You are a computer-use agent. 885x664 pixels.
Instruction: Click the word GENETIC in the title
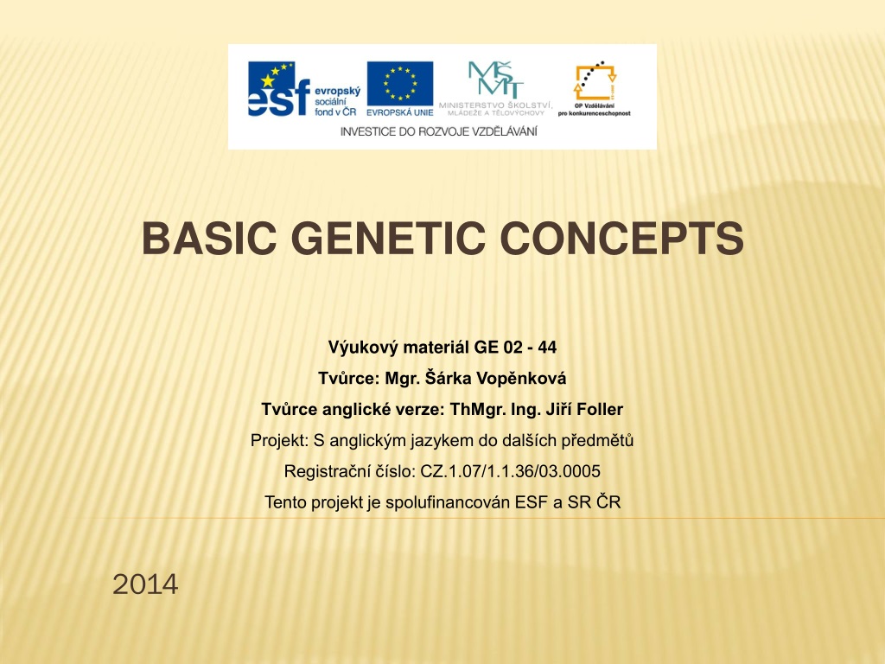tap(388, 238)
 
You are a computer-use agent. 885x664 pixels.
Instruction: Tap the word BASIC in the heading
tap(209, 238)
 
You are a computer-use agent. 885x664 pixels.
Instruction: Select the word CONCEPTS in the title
tap(622, 238)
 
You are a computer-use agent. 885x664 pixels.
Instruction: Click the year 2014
tap(145, 584)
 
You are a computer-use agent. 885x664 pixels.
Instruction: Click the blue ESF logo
tap(279, 89)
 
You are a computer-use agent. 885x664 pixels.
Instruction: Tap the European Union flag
tap(400, 84)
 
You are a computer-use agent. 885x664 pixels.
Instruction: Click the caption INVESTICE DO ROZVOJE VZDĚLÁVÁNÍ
tap(438, 131)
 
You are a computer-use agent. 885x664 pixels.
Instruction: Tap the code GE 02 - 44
tap(515, 348)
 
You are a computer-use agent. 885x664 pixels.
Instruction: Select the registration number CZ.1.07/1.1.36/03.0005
tap(510, 471)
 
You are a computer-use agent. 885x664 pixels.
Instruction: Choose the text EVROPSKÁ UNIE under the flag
tap(400, 112)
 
